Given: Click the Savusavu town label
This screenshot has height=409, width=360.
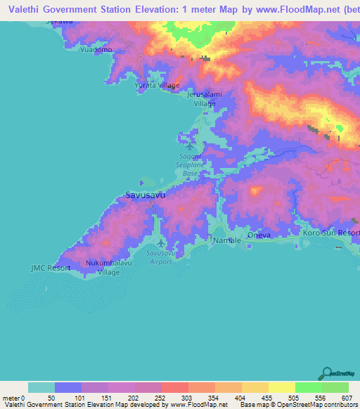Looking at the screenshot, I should pos(145,196).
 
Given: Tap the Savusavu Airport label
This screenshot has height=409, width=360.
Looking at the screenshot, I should pos(158,257).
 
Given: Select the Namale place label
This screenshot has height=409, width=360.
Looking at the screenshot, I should pos(226,240).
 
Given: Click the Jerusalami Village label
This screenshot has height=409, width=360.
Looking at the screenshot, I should pos(205,98).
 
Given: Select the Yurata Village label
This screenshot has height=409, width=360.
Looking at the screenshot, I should pos(157,85).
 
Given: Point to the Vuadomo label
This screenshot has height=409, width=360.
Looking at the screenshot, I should pos(96,51).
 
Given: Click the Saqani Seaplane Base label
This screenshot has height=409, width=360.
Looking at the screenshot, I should pos(191,165).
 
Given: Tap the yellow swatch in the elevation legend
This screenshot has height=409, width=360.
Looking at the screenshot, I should pos(281,387).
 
